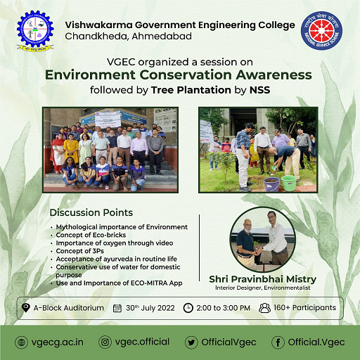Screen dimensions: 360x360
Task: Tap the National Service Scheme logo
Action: point(323,32)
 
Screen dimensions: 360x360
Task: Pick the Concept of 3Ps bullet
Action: point(80,251)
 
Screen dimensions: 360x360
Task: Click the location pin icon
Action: point(25,307)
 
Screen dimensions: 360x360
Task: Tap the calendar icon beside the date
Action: point(117,307)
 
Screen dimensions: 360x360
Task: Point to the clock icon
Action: point(188,307)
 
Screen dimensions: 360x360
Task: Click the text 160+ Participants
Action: point(304,307)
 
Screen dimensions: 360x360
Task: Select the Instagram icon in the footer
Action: point(105,342)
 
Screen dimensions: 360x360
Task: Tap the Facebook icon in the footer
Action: point(278,342)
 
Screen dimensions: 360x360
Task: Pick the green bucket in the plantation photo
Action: point(288,182)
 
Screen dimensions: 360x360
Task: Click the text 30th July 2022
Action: point(150,307)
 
